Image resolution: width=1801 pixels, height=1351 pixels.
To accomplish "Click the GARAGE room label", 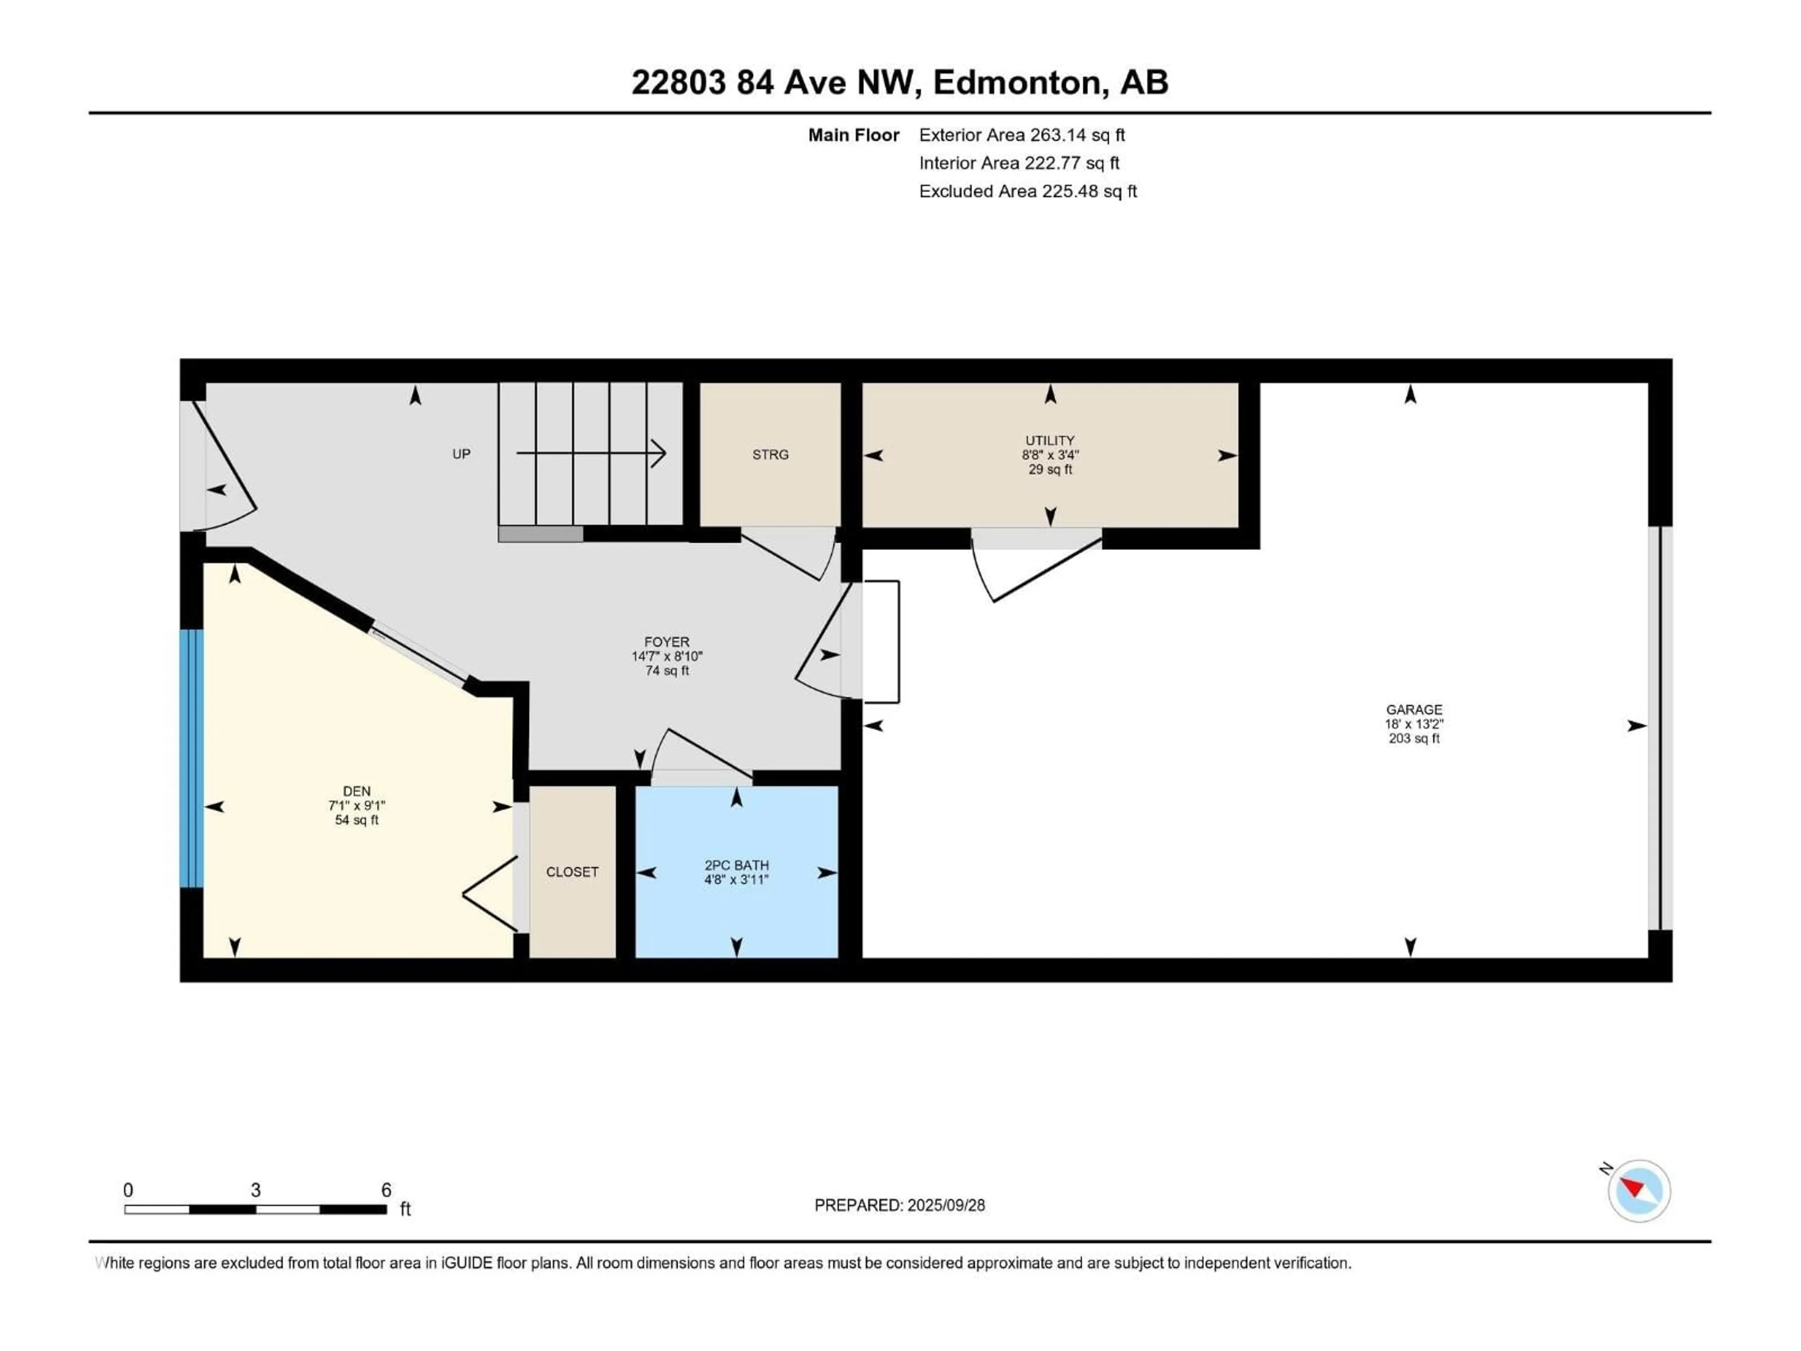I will [1414, 709].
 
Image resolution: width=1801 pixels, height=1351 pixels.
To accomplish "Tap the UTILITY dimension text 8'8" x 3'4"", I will [1050, 455].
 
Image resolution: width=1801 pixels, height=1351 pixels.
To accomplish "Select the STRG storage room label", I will [770, 455].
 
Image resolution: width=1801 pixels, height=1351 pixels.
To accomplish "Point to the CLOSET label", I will [572, 872].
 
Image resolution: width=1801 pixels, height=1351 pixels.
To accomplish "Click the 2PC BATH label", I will [736, 865].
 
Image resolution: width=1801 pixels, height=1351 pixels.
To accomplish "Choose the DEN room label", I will [356, 791].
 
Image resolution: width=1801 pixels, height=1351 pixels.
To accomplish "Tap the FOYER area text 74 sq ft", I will [667, 671].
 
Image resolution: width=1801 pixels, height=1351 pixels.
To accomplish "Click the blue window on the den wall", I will [191, 757].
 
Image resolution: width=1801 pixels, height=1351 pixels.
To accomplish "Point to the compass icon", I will [1639, 1191].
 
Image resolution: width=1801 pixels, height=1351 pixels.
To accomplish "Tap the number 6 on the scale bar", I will [387, 1190].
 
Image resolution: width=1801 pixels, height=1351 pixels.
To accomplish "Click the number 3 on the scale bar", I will [256, 1190].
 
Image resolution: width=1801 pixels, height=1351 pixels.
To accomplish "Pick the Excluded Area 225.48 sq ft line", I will [1028, 191].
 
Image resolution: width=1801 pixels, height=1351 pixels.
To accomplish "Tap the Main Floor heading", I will [853, 135].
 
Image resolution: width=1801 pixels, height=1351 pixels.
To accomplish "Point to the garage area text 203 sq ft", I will [1414, 739].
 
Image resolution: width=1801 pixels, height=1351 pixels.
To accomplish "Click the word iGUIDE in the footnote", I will [467, 1263].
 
